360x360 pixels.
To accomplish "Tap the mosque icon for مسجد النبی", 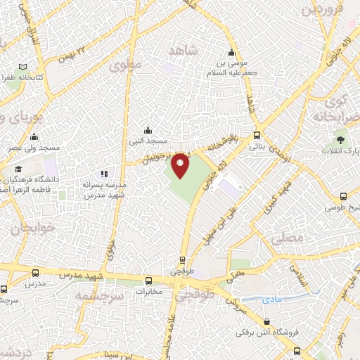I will point(148,130).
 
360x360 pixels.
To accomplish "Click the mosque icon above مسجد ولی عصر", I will point(34,136).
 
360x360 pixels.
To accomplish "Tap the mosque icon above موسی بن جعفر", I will point(231,53).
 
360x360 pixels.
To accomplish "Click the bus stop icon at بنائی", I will point(257,135).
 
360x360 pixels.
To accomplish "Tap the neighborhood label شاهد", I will point(184,51).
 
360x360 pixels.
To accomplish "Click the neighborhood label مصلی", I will point(290,239).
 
